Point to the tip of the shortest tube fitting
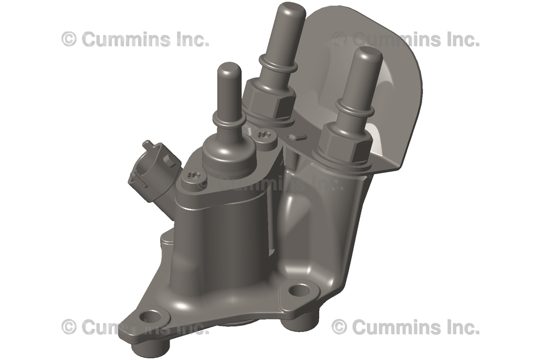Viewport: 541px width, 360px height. (x=230, y=70)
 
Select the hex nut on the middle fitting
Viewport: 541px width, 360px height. (x=268, y=99)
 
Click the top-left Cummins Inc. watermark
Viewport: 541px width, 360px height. (x=135, y=39)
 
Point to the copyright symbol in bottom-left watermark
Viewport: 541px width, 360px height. (x=69, y=327)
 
